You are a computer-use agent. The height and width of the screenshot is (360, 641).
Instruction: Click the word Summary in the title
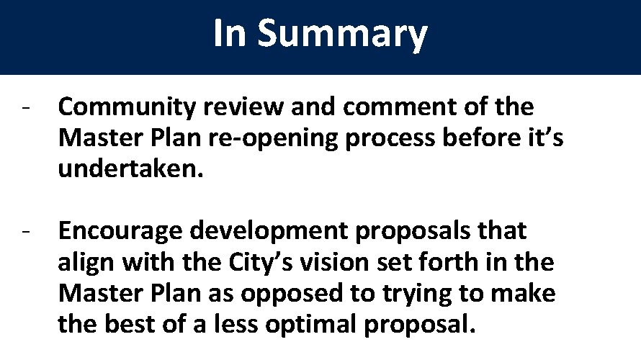(342, 35)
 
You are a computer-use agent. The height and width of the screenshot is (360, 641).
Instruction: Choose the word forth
(461, 262)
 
